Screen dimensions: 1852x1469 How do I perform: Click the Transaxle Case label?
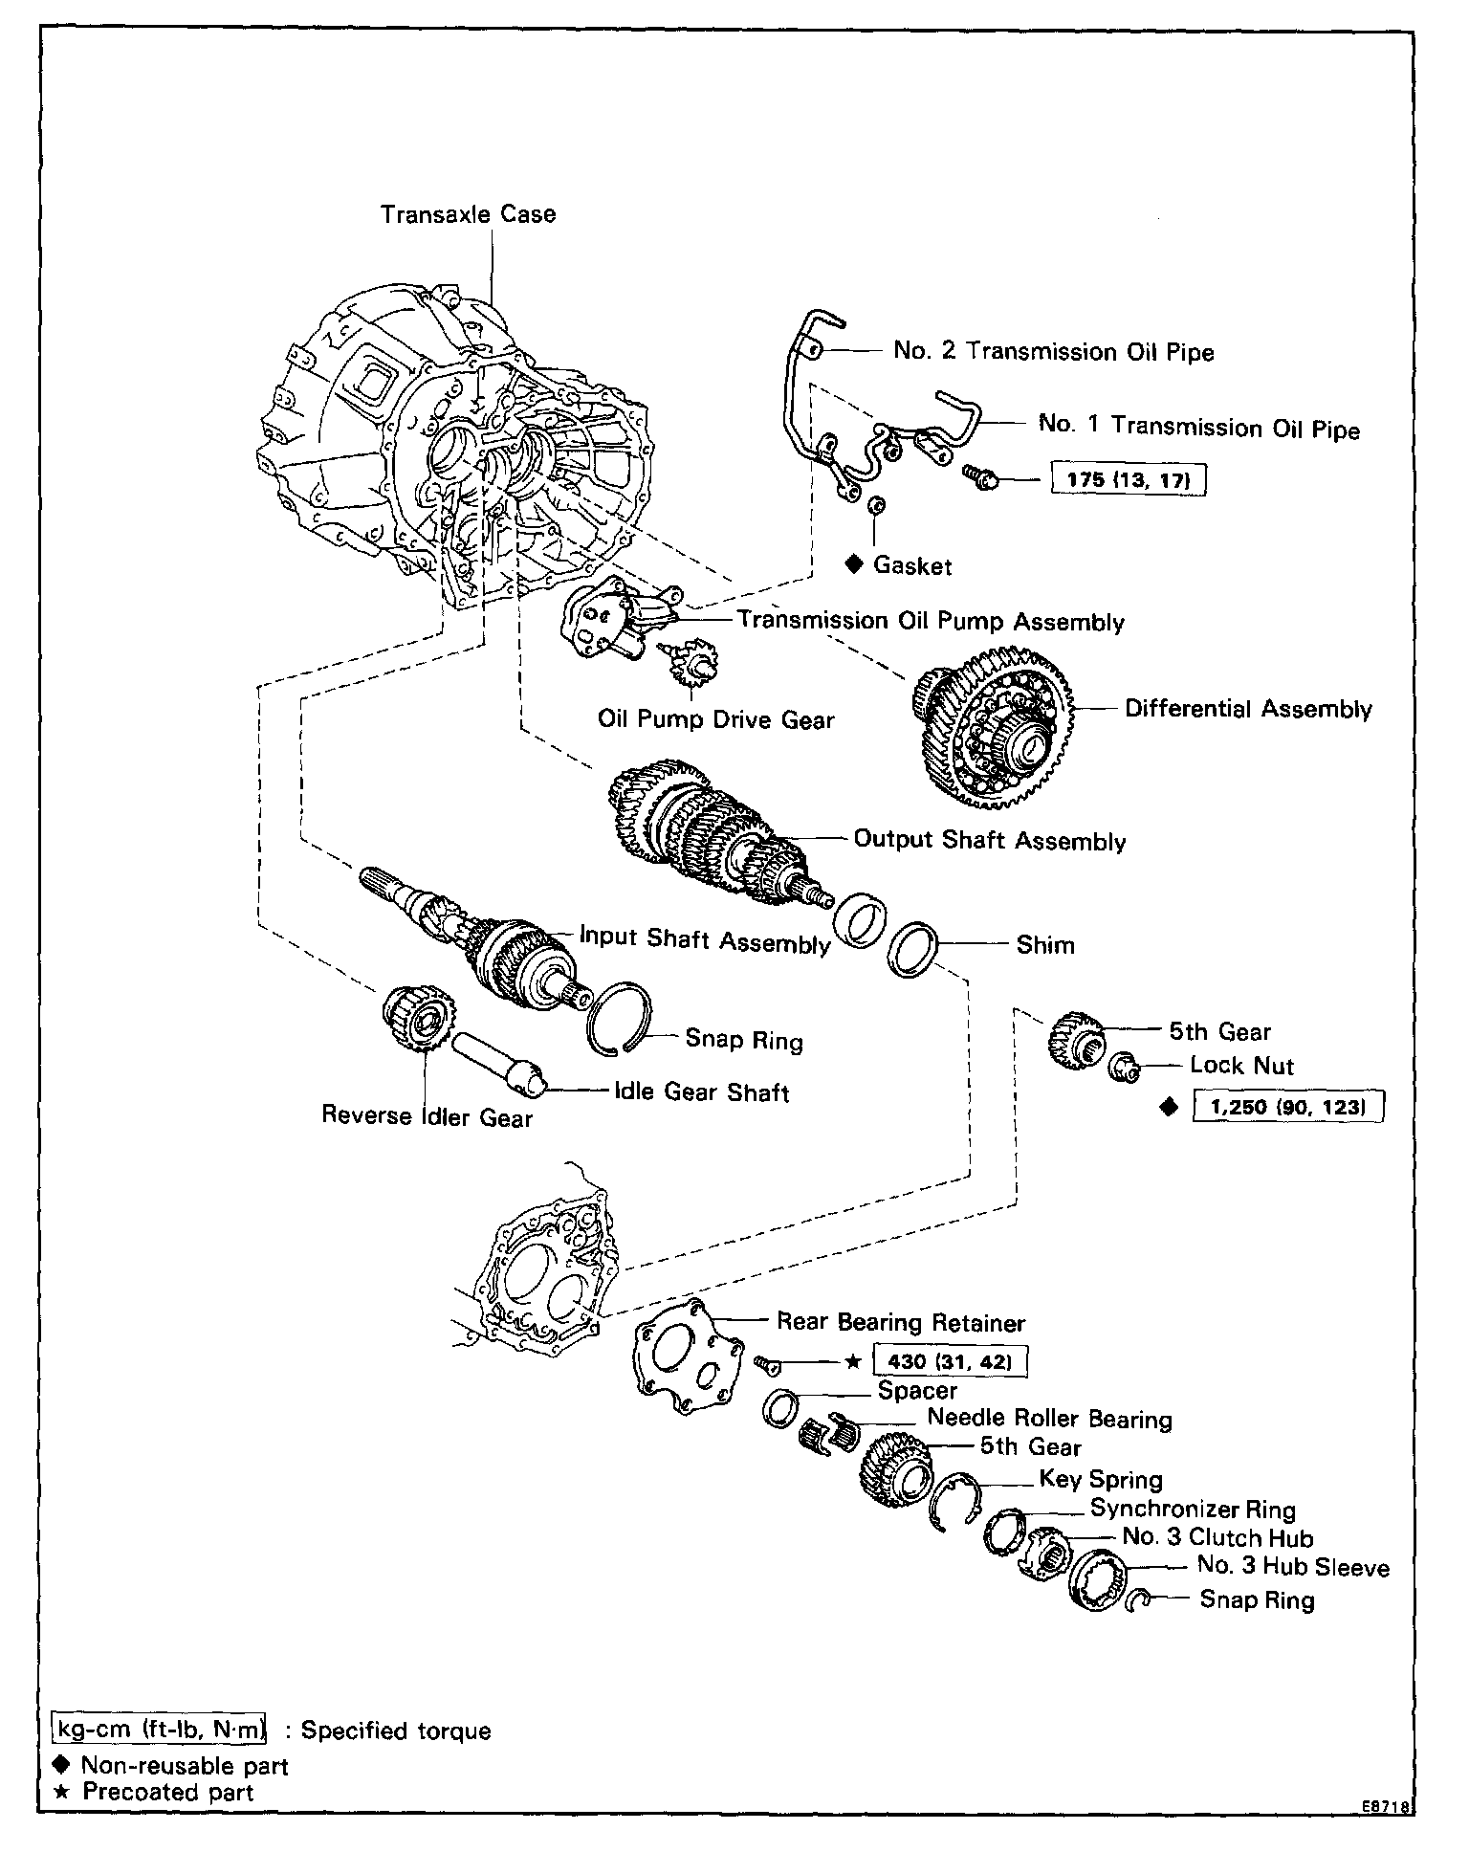tap(468, 214)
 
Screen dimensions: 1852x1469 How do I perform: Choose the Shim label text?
tap(1045, 945)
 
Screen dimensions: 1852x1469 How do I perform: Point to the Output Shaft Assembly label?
tap(990, 841)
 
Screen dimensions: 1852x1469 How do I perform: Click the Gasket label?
tap(912, 566)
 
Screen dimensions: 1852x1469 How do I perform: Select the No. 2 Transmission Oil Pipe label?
tap(1053, 351)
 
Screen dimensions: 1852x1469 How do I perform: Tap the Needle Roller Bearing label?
tap(1049, 1419)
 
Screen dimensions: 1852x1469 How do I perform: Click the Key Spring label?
tap(1101, 1480)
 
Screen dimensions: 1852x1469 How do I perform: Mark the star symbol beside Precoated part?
tap(61, 1791)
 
